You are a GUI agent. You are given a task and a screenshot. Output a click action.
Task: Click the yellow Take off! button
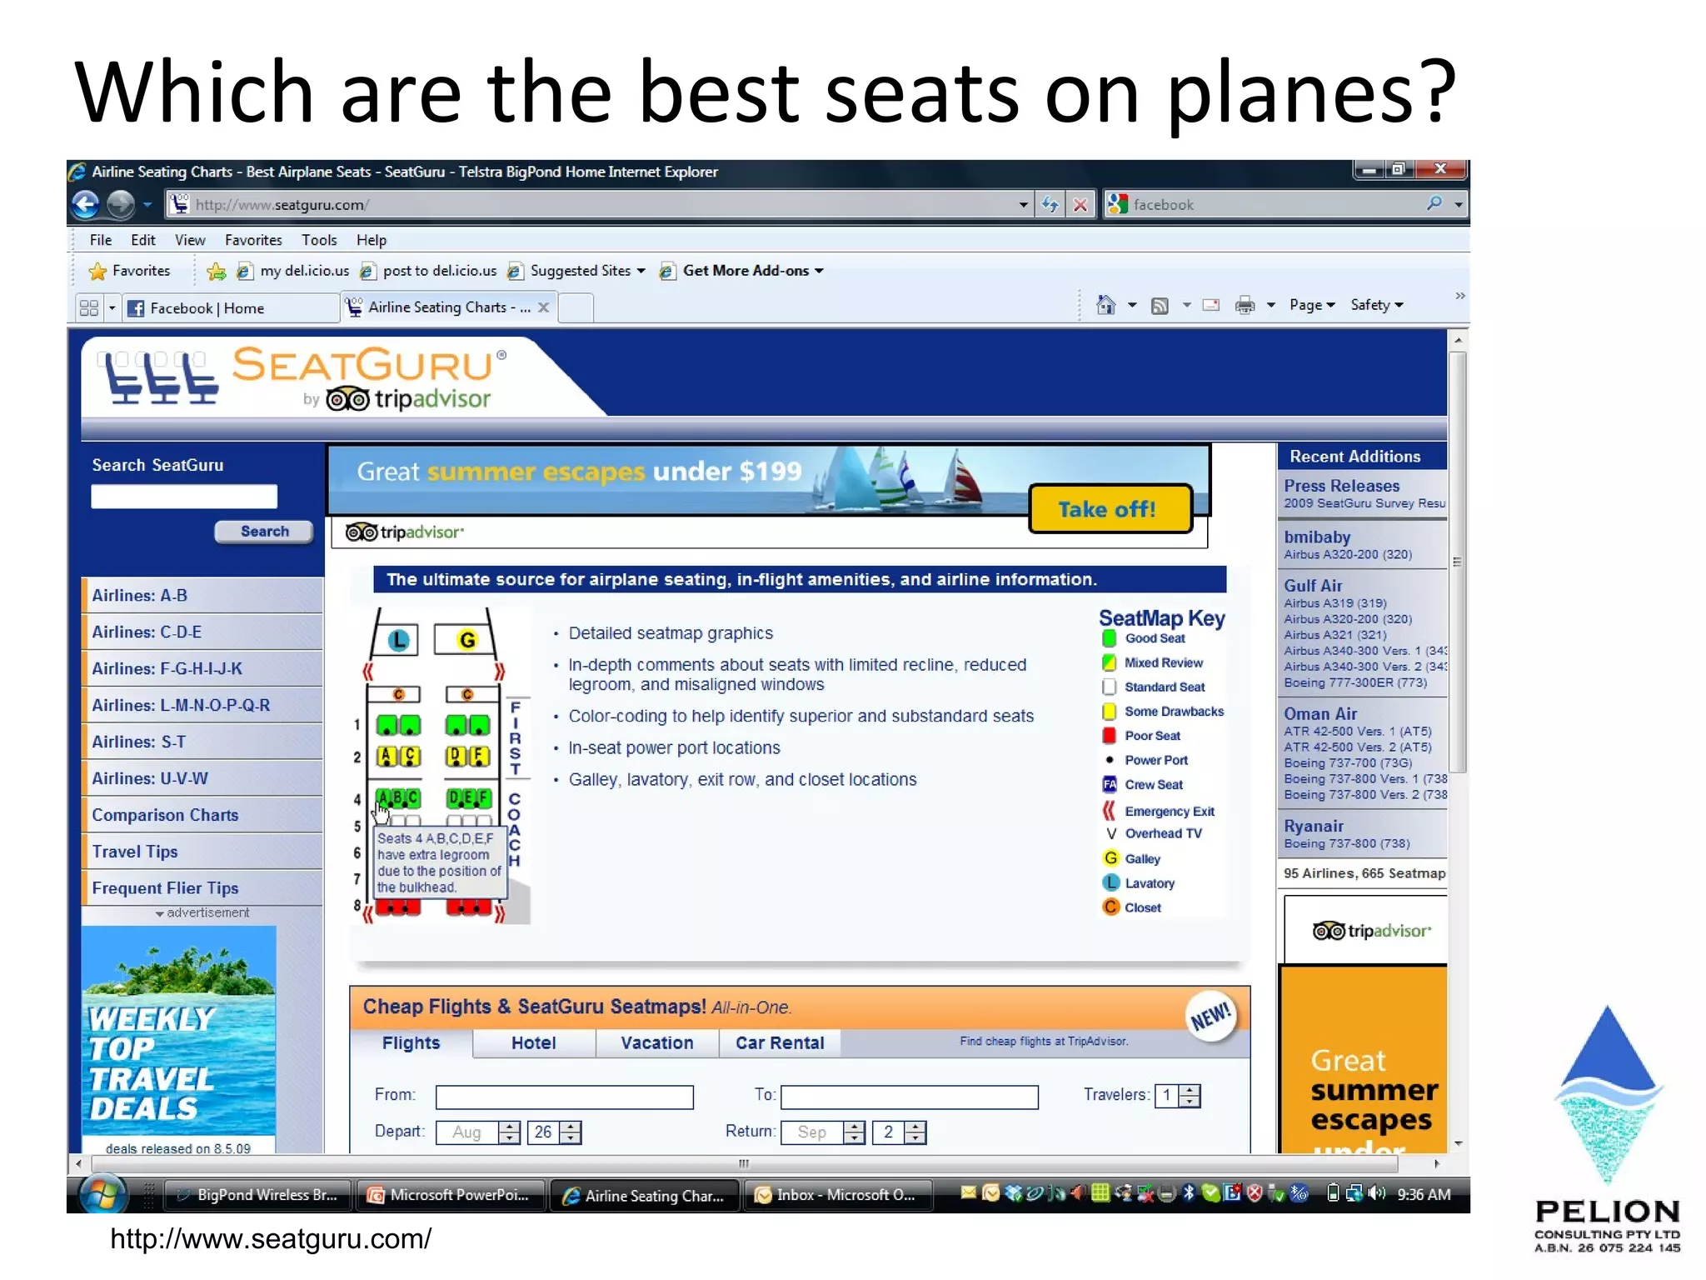(1110, 509)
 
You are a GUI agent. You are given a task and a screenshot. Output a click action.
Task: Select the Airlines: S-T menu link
(139, 742)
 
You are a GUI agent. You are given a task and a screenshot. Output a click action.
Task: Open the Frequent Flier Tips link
(165, 888)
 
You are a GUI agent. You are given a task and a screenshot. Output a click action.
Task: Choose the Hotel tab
(533, 1043)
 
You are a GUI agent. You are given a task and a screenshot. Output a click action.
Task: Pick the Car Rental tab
(780, 1043)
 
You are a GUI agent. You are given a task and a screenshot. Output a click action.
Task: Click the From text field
(564, 1097)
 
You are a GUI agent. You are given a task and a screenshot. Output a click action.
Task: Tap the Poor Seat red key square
(1110, 736)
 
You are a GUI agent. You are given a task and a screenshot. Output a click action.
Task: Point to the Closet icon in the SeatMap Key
(1110, 907)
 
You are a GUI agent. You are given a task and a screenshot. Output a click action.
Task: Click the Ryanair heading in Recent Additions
(1314, 826)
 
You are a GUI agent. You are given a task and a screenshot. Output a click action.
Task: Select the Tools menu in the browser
(319, 240)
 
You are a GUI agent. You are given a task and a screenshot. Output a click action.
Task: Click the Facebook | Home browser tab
(207, 308)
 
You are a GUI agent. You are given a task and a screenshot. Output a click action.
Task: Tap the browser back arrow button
(86, 204)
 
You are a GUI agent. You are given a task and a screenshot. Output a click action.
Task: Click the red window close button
(1440, 169)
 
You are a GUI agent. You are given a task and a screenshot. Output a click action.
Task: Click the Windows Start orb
(103, 1194)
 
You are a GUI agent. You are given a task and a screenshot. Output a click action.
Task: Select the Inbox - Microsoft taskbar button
(836, 1195)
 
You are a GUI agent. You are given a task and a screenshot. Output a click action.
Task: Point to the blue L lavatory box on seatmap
(399, 640)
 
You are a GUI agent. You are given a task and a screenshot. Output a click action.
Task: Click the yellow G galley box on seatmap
(466, 640)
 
